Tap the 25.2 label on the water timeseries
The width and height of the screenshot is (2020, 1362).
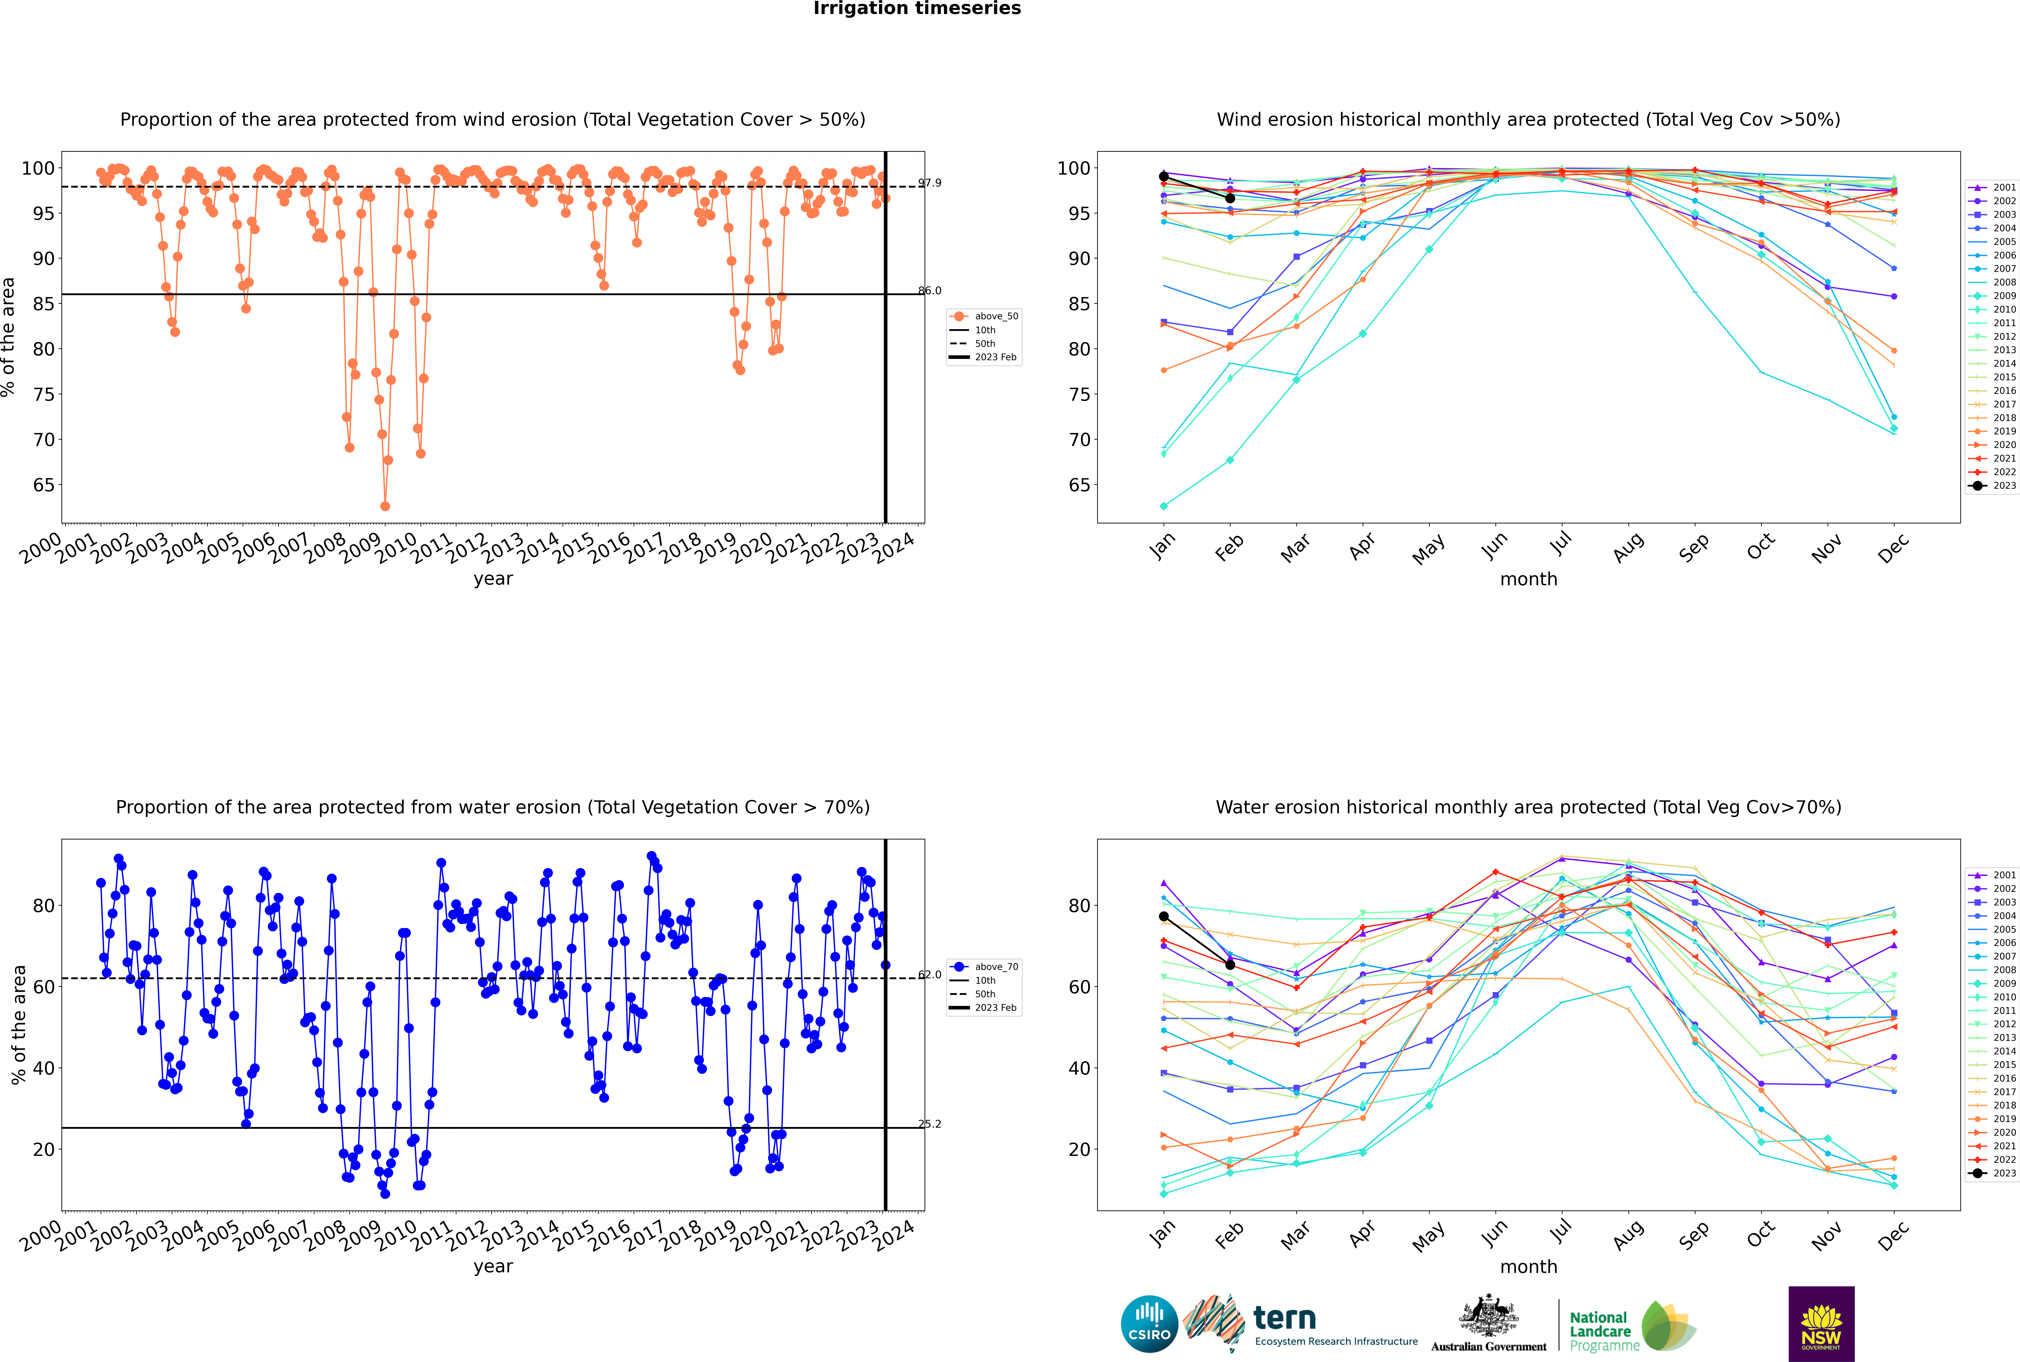coord(929,1124)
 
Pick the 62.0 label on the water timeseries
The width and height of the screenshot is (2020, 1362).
coord(929,975)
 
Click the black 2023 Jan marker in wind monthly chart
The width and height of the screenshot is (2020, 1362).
coord(1164,176)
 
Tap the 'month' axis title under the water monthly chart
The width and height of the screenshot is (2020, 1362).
coord(1528,1267)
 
